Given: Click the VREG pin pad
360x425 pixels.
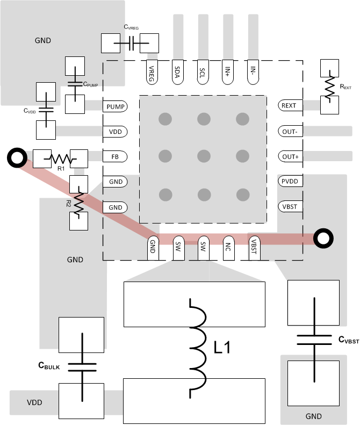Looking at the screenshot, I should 152,73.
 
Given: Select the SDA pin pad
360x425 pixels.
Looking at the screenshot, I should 177,73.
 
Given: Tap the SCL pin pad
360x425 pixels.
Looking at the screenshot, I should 202,73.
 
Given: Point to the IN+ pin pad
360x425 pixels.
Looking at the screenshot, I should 227,73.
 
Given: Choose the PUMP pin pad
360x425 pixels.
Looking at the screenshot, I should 115,106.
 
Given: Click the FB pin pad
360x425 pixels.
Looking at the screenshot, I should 115,157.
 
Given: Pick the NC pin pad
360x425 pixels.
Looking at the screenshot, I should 228,248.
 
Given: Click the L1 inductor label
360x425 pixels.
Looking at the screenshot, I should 221,348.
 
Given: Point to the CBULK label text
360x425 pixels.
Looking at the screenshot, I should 49,365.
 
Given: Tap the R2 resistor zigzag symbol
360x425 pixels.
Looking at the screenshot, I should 78,202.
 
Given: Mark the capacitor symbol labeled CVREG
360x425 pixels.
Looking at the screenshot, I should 131,44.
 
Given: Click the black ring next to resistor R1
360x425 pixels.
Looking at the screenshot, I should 17,158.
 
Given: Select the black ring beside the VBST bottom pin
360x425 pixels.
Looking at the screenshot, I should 323,239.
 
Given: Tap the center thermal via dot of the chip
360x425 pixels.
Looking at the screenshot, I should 203,156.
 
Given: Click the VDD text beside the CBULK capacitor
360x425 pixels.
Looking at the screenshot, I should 35,402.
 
